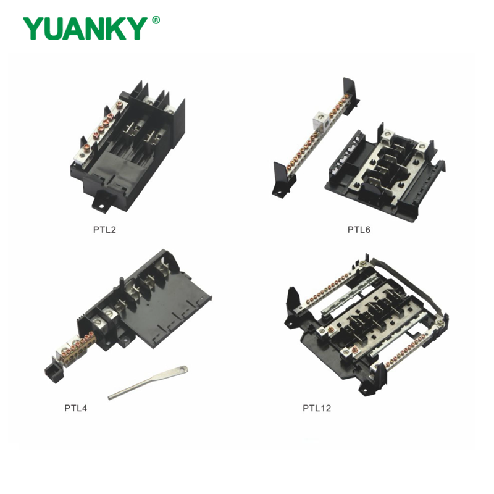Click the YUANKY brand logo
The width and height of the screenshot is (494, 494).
(86, 28)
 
